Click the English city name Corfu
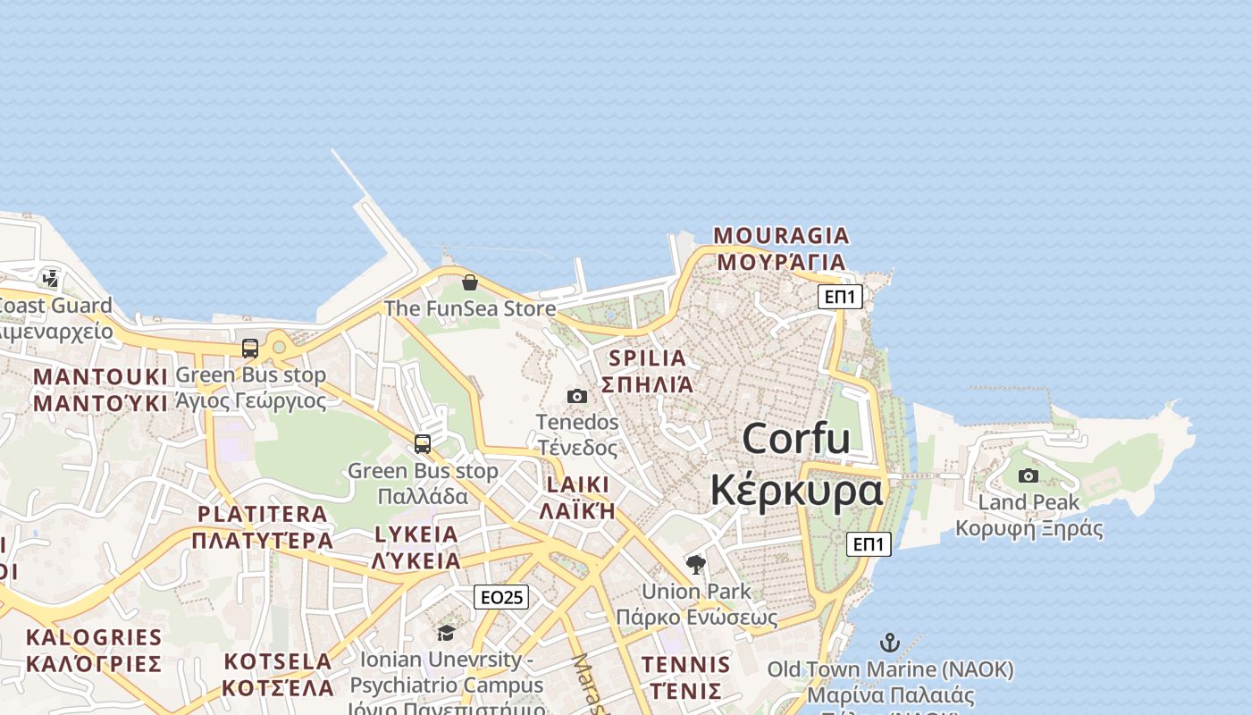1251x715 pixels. pos(796,439)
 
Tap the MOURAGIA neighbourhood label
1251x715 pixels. pos(781,236)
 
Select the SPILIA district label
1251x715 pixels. pos(648,358)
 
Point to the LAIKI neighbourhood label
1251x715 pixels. pos(577,485)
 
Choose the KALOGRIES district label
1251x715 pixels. pos(94,638)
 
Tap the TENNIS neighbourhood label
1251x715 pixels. pos(685,665)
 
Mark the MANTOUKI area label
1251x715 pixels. pos(100,377)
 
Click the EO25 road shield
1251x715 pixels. pos(500,597)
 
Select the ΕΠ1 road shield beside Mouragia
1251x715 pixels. pos(840,297)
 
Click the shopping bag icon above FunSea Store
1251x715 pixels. pos(470,282)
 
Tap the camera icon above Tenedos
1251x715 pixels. pos(577,396)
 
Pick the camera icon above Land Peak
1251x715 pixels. pos(1029,475)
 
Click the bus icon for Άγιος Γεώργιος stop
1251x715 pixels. pos(250,349)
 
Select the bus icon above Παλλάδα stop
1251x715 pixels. pos(423,443)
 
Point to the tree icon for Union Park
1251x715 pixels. pos(696,565)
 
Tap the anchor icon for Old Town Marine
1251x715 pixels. pos(890,643)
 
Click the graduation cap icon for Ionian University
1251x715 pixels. pos(446,634)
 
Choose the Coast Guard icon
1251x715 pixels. pos(51,279)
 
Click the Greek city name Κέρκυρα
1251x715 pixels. pos(796,491)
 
